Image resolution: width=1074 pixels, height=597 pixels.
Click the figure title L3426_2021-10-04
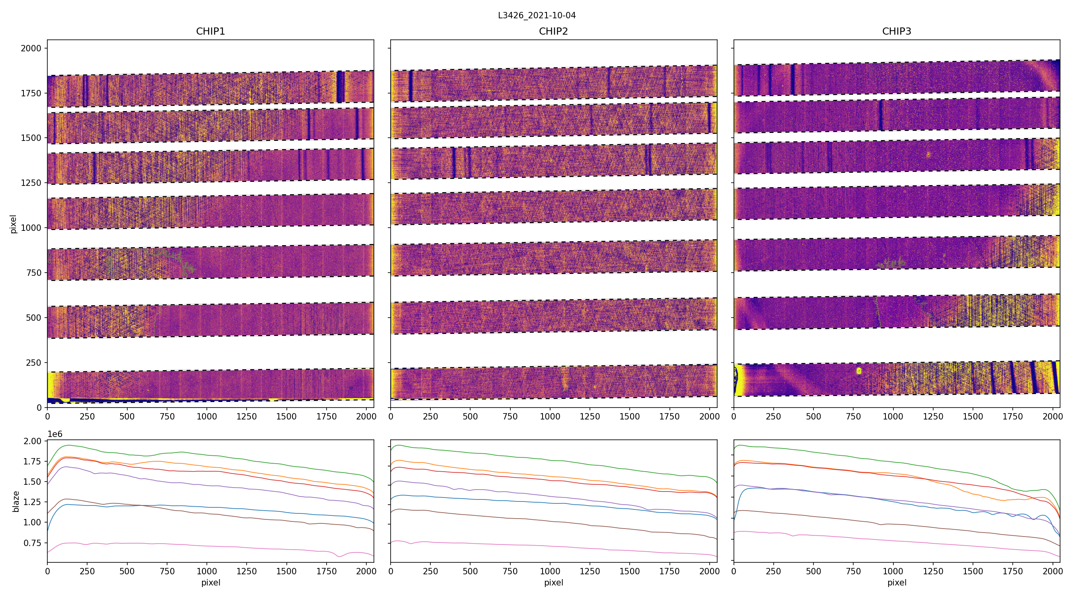pos(537,16)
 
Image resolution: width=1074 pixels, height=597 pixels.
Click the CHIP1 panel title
pos(210,31)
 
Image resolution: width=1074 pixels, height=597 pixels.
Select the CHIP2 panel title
pos(553,31)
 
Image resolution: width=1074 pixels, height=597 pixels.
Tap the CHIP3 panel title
pos(896,31)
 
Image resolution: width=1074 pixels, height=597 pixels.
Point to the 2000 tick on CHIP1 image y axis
pos(31,49)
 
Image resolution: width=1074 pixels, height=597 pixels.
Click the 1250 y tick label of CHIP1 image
pos(31,183)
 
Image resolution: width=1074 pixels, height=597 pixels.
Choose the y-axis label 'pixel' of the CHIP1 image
pos(14,224)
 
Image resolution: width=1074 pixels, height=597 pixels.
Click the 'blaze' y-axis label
pos(16,501)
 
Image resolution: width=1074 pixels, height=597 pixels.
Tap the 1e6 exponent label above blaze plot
pos(54,434)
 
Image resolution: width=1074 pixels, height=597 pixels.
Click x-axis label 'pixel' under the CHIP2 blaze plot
pos(553,582)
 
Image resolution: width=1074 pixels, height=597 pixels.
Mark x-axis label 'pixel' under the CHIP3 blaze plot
pos(896,582)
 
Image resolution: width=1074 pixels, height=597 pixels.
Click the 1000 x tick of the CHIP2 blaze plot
pos(550,571)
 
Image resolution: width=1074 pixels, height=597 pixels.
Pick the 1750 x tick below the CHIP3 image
pos(1013,416)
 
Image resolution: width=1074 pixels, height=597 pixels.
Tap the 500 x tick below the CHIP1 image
pos(127,416)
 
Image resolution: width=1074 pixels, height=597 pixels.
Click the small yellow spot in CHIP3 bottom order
pos(859,371)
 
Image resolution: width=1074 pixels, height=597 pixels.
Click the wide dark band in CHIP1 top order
pos(340,87)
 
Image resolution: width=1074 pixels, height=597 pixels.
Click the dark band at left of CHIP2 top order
pos(411,86)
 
